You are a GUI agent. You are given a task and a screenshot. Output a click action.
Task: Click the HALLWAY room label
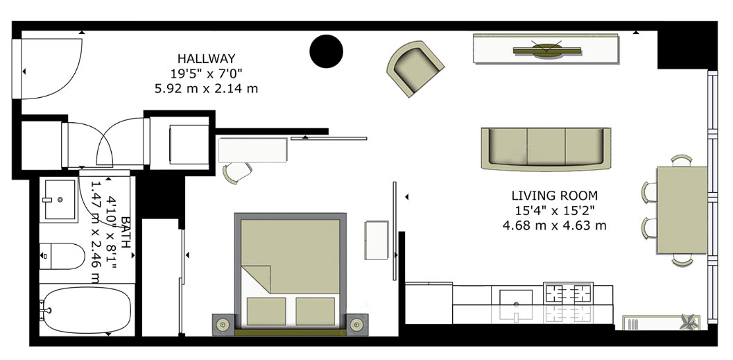point(206,58)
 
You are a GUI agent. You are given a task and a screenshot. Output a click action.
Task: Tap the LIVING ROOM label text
point(554,196)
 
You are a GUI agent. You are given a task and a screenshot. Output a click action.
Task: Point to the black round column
point(327,51)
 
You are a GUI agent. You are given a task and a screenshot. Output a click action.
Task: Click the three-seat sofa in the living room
point(546,148)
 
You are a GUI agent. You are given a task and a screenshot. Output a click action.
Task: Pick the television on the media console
point(547,49)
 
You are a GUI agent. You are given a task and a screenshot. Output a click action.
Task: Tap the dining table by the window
point(682,210)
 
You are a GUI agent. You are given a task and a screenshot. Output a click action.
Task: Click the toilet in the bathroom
point(62,256)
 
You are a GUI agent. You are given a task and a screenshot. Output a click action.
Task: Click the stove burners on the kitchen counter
point(568,293)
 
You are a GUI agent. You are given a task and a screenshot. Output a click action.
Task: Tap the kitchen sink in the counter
point(516,298)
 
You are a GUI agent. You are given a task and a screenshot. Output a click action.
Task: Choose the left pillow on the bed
point(266,311)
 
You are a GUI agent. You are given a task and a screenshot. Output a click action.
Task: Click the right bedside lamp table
point(356,324)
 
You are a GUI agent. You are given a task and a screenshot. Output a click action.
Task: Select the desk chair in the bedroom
point(237,172)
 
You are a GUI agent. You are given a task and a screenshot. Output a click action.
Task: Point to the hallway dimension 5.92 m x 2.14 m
point(206,88)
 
